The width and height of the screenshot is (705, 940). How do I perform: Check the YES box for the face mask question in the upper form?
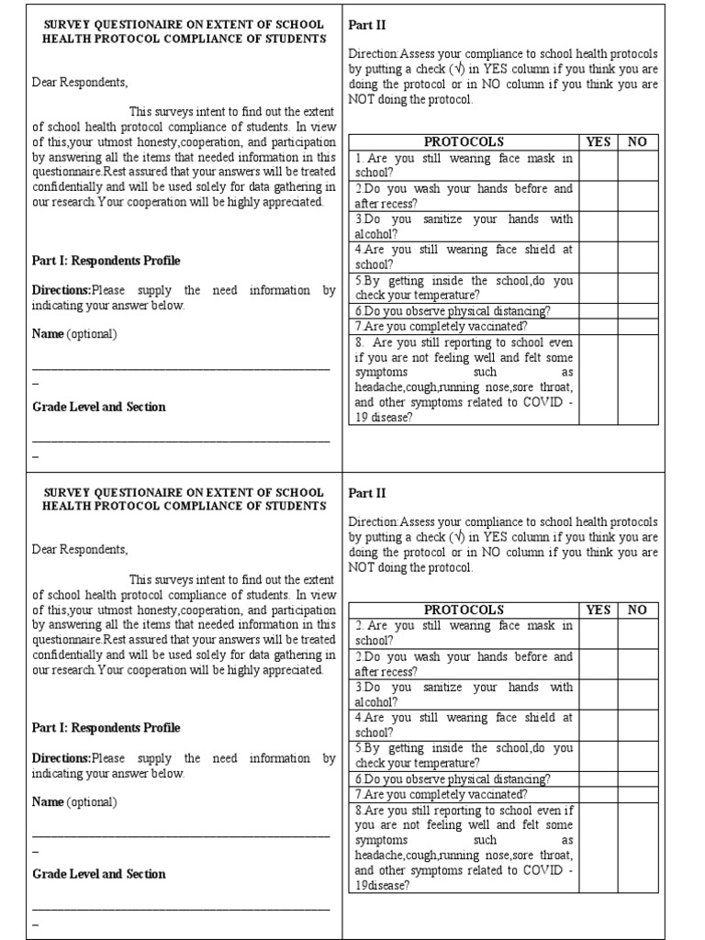click(x=598, y=166)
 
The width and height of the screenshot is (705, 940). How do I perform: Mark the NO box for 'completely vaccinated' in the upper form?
click(x=637, y=326)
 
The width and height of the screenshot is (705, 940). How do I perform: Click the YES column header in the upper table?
click(x=598, y=141)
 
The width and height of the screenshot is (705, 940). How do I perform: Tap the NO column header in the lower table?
click(x=637, y=610)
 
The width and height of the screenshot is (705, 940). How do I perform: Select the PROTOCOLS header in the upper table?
click(x=464, y=141)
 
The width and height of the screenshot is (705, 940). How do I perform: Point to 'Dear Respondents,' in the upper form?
click(x=80, y=82)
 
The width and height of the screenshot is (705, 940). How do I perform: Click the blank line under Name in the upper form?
click(x=181, y=366)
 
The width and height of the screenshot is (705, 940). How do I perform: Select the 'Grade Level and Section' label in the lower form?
click(x=99, y=874)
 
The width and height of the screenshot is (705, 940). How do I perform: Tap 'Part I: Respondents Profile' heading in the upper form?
click(x=106, y=261)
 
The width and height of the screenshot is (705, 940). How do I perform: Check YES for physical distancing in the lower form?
click(x=598, y=778)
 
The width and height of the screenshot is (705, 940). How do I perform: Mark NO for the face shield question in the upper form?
click(x=637, y=257)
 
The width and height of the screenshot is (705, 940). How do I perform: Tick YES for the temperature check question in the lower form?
click(x=598, y=755)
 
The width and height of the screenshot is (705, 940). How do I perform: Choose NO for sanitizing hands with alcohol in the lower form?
click(x=637, y=694)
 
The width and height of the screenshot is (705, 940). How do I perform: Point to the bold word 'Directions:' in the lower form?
click(x=62, y=758)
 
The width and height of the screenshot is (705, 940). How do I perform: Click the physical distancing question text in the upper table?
click(x=453, y=311)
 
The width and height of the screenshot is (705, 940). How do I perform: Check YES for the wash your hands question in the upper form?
click(x=598, y=196)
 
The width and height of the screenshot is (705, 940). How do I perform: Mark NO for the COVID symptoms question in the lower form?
click(x=637, y=847)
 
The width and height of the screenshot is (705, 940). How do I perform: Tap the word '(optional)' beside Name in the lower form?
click(x=92, y=801)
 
